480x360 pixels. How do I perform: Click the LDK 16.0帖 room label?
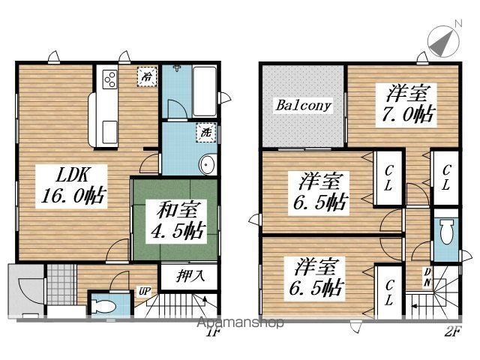(73, 187)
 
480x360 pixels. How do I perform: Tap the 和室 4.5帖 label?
(177, 221)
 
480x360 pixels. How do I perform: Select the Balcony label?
(303, 105)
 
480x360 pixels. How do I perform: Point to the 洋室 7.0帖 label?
(407, 103)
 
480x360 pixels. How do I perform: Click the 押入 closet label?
(190, 276)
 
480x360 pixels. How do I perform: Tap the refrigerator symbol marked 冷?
(147, 76)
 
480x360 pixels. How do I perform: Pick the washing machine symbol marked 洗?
(206, 132)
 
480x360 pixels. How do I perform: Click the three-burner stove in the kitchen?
(109, 79)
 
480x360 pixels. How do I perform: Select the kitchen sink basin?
(109, 132)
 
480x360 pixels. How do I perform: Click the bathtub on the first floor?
(205, 91)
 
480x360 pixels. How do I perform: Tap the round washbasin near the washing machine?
(208, 165)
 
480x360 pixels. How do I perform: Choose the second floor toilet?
(446, 232)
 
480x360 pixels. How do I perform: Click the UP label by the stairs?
(144, 292)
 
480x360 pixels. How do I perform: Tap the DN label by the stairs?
(427, 277)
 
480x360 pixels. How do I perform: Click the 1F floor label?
(213, 332)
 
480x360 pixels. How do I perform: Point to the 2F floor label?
(452, 331)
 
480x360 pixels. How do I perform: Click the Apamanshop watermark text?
(240, 322)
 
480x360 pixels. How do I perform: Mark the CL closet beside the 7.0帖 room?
(445, 178)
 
